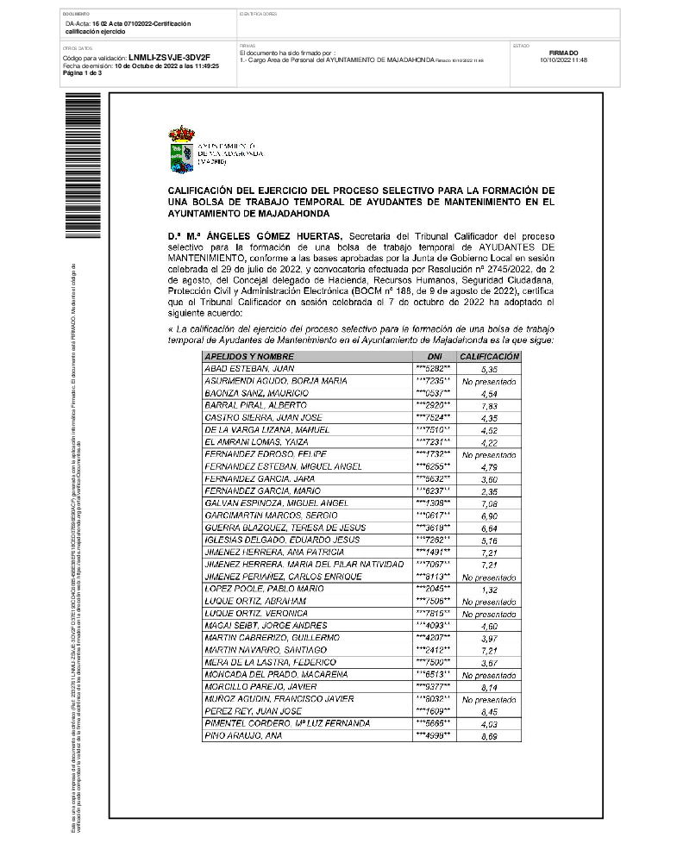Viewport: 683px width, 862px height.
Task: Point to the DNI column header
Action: (433, 356)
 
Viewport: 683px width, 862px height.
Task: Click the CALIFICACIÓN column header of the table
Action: (489, 356)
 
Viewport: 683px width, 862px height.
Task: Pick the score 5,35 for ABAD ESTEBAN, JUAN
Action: (489, 369)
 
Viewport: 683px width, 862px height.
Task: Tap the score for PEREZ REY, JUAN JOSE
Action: (489, 711)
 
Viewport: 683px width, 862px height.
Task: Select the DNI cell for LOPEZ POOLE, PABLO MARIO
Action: (433, 589)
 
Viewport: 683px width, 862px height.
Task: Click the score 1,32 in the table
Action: (489, 590)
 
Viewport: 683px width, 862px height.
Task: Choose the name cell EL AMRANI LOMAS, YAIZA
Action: (251, 441)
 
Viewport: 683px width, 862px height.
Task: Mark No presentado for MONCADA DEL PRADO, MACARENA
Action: (489, 675)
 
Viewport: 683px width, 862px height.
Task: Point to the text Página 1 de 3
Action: (83, 73)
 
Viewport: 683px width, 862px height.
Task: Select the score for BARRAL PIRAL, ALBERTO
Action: (489, 405)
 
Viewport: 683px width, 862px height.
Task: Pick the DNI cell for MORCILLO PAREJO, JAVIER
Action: (433, 687)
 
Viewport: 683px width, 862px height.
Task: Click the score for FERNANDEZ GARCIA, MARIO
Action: (489, 491)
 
